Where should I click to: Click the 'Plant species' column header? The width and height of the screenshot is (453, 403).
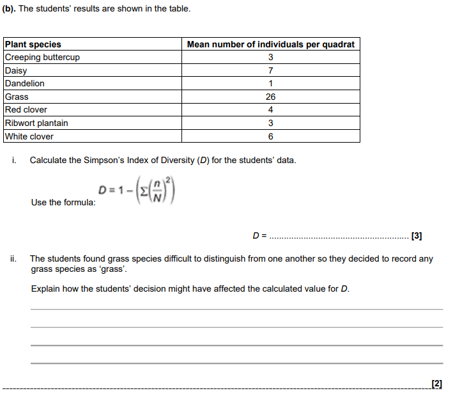tap(33, 44)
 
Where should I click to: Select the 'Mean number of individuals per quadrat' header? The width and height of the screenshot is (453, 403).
tap(270, 44)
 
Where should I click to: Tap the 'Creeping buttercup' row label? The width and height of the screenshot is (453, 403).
tap(42, 58)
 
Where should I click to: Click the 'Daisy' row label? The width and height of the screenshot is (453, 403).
tap(16, 70)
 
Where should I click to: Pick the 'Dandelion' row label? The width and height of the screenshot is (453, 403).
tap(25, 84)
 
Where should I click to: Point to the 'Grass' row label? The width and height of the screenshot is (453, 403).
tap(17, 97)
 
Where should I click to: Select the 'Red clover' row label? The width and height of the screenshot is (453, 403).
tap(26, 110)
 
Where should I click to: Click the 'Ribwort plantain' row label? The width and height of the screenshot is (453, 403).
tap(36, 123)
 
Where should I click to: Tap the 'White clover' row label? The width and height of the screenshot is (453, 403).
tap(29, 136)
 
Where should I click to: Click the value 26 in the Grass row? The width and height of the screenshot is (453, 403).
tap(271, 97)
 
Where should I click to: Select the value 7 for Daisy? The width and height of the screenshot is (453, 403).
tap(271, 70)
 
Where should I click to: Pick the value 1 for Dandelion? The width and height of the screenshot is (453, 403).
tap(271, 84)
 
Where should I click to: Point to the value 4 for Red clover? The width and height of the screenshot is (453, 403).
tap(271, 110)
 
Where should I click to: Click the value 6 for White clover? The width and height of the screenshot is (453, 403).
tap(271, 136)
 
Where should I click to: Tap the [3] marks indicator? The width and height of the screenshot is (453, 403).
tap(417, 235)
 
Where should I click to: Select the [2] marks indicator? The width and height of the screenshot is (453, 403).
tap(437, 383)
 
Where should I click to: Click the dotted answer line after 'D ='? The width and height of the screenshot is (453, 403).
tap(339, 237)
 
